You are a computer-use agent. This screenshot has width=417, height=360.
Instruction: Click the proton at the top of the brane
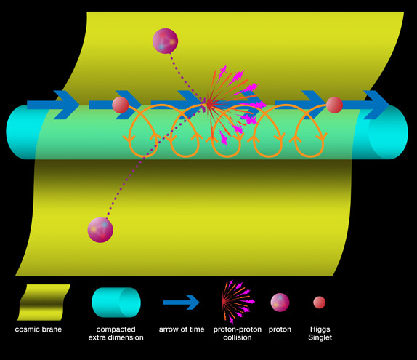click(165, 41)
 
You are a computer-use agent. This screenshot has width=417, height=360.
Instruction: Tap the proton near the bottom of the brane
click(100, 230)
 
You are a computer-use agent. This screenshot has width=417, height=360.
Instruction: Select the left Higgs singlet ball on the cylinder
click(121, 105)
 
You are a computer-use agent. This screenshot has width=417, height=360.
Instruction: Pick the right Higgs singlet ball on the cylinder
click(334, 105)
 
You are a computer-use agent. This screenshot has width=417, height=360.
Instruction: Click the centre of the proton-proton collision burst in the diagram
click(209, 105)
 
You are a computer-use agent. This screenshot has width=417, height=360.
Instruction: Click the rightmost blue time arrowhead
click(376, 105)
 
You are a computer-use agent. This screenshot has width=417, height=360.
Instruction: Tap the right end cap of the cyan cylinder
click(388, 132)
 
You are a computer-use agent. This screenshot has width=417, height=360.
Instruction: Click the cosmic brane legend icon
click(44, 303)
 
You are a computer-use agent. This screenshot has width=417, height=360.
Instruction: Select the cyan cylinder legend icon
click(116, 303)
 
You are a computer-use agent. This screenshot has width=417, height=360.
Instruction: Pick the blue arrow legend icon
click(182, 303)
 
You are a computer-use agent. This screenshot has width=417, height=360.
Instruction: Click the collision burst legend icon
click(238, 302)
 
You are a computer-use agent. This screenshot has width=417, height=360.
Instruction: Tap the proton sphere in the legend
click(280, 303)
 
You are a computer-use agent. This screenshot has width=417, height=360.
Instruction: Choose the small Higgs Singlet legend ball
click(320, 303)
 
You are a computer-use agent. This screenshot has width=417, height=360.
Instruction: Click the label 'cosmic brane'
click(39, 329)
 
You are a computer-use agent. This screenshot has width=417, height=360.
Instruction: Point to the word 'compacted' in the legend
click(116, 329)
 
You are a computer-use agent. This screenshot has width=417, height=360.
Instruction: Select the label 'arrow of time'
click(182, 329)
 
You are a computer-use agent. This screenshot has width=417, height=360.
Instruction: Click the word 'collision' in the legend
click(238, 337)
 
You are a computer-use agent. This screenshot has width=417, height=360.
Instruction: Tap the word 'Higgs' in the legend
click(320, 329)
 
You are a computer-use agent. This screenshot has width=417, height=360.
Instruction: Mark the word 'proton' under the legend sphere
click(280, 329)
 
